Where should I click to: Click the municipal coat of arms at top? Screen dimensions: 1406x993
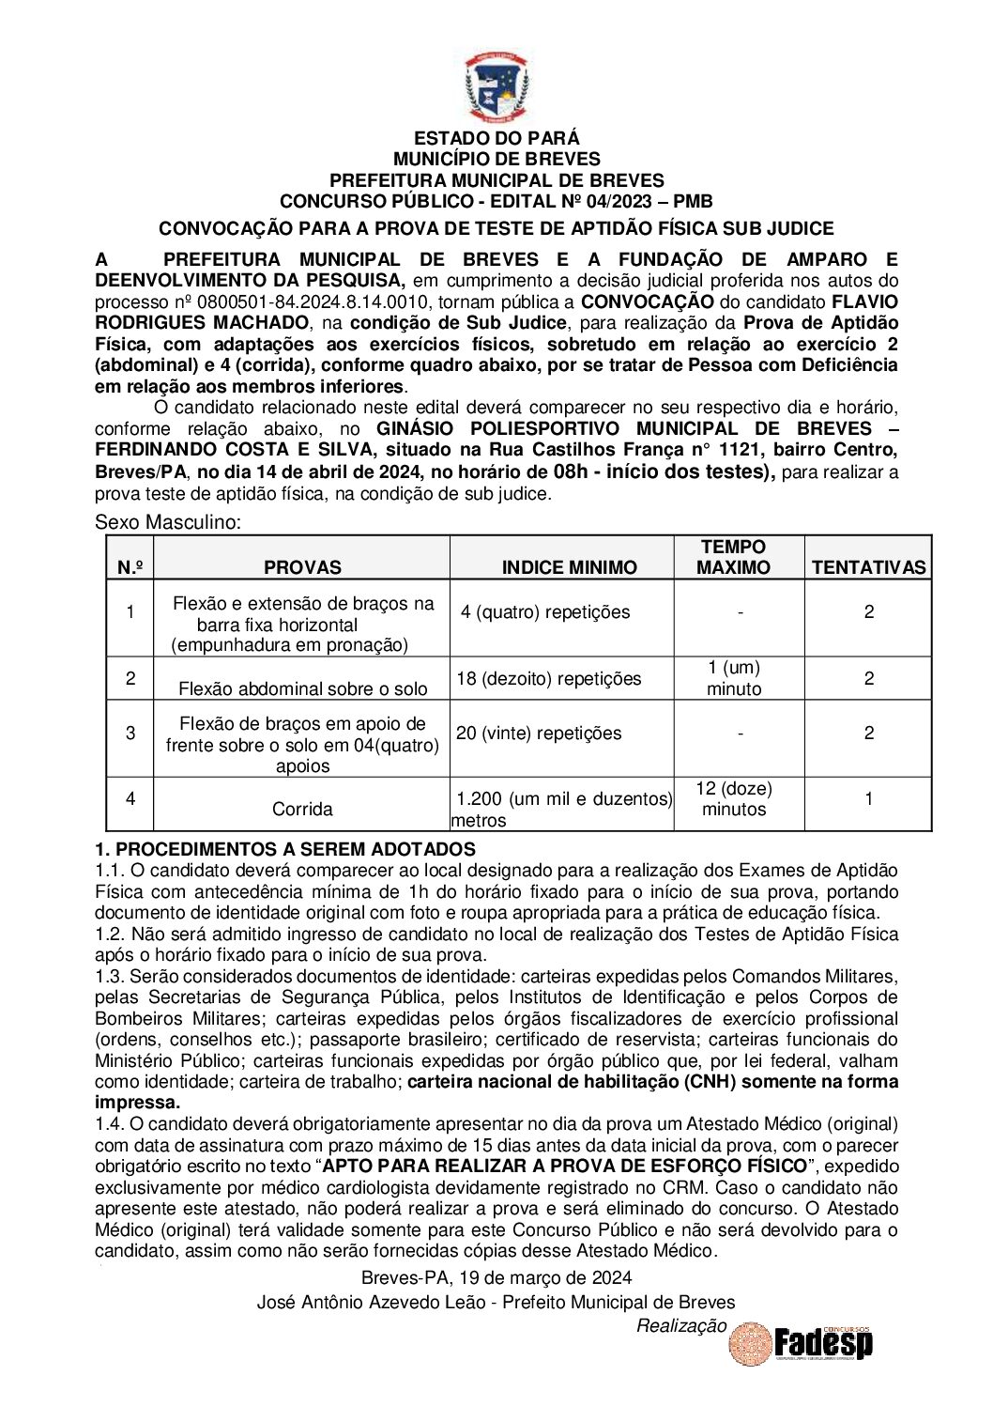tap(496, 87)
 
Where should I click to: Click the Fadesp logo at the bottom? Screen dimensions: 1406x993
tap(822, 1342)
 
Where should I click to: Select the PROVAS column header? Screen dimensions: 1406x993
tap(302, 567)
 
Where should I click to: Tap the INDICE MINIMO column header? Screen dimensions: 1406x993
tap(569, 567)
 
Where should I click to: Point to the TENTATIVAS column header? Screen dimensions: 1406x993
tap(868, 567)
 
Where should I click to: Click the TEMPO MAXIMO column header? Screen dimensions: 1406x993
tap(733, 557)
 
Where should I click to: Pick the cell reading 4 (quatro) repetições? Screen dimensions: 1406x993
tap(545, 612)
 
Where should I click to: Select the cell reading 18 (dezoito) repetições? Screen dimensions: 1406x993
tap(548, 679)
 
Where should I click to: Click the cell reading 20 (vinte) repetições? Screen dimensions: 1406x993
tap(539, 734)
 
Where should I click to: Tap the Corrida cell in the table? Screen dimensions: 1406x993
tap(302, 809)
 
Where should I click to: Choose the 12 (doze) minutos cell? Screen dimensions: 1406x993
tap(734, 799)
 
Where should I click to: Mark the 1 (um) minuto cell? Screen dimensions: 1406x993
tap(734, 678)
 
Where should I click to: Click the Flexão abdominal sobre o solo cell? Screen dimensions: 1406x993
tap(302, 688)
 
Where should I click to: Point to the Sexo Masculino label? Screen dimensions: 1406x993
tap(168, 522)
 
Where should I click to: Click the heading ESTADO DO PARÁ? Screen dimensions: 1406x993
tap(496, 139)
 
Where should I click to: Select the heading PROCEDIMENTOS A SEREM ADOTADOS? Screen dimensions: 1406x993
tap(285, 849)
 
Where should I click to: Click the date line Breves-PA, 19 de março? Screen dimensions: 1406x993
tap(496, 1277)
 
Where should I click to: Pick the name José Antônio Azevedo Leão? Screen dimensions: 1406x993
tap(372, 1302)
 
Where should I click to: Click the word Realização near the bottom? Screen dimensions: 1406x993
tap(681, 1325)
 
